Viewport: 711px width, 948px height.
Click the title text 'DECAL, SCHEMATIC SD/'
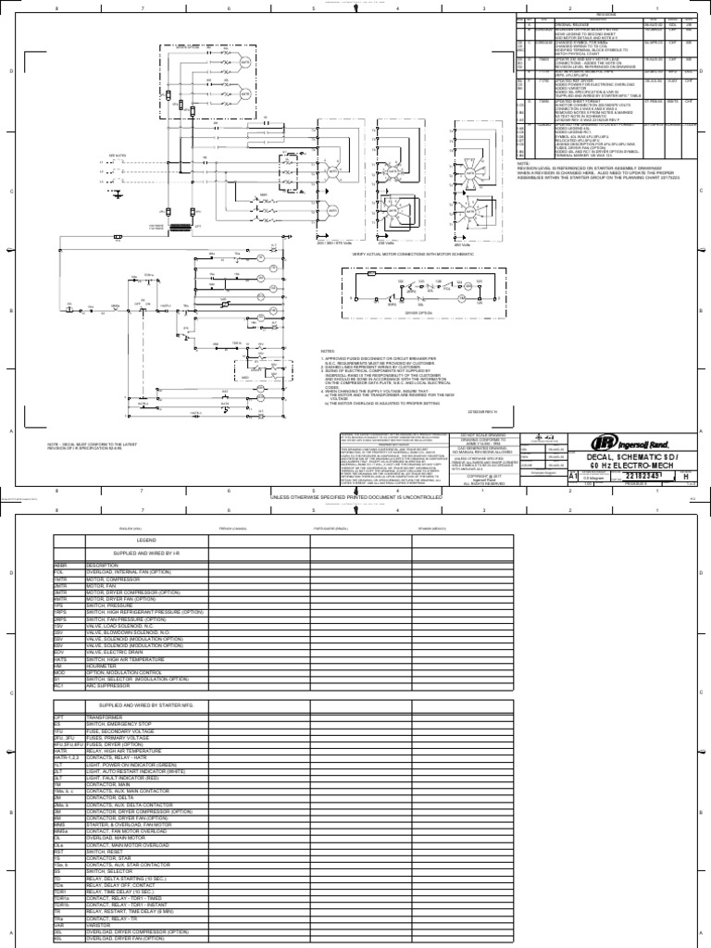639,456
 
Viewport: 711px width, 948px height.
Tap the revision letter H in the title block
686,474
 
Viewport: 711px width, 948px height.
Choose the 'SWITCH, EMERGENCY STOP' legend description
117,722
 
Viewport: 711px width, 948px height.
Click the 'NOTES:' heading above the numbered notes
327,352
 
